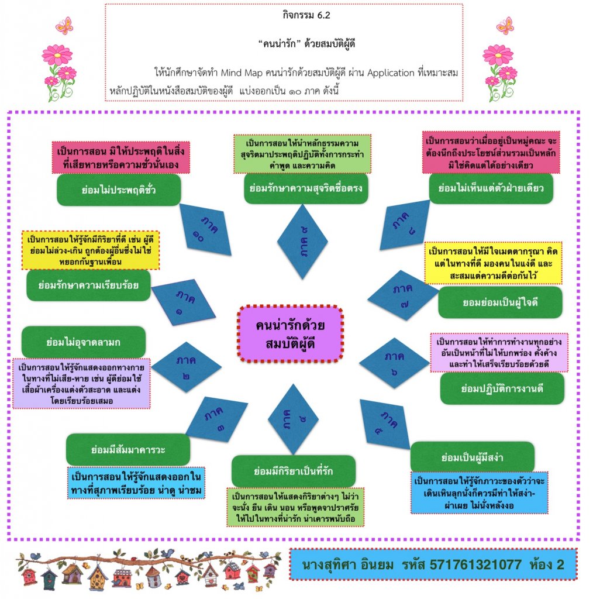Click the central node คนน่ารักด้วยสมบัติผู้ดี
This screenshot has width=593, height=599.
290,333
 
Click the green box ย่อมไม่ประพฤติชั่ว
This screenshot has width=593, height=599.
119,190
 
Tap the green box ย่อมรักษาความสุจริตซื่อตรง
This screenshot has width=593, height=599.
306,188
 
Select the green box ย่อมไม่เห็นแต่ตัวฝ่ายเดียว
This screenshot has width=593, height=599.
491,188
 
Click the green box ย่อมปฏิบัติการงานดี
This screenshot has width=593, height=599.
502,389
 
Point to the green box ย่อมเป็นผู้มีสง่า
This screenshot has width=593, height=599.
473,457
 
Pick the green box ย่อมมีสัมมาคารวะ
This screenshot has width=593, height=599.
128,450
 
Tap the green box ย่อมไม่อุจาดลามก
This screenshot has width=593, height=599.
83,342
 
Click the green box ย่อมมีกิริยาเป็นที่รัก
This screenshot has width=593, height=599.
293,471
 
